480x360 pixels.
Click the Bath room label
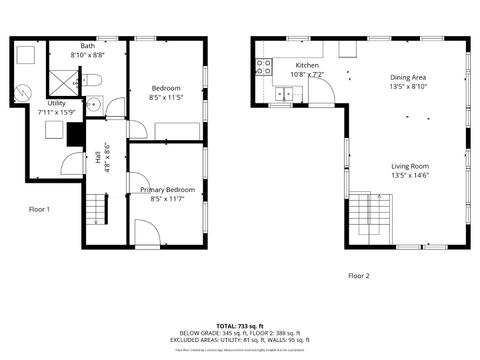pyautogui.click(x=88, y=46)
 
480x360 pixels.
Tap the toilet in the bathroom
pyautogui.click(x=88, y=80)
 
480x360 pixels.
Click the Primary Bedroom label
pyautogui.click(x=167, y=189)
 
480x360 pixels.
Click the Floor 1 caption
pyautogui.click(x=39, y=209)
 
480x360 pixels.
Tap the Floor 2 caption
pyautogui.click(x=358, y=275)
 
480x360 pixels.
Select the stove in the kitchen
pyautogui.click(x=264, y=67)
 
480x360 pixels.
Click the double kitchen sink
pyautogui.click(x=287, y=95)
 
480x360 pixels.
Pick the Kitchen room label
pyautogui.click(x=307, y=65)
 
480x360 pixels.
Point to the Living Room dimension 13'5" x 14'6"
pyautogui.click(x=410, y=175)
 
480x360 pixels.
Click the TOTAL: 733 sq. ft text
pyautogui.click(x=239, y=326)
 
